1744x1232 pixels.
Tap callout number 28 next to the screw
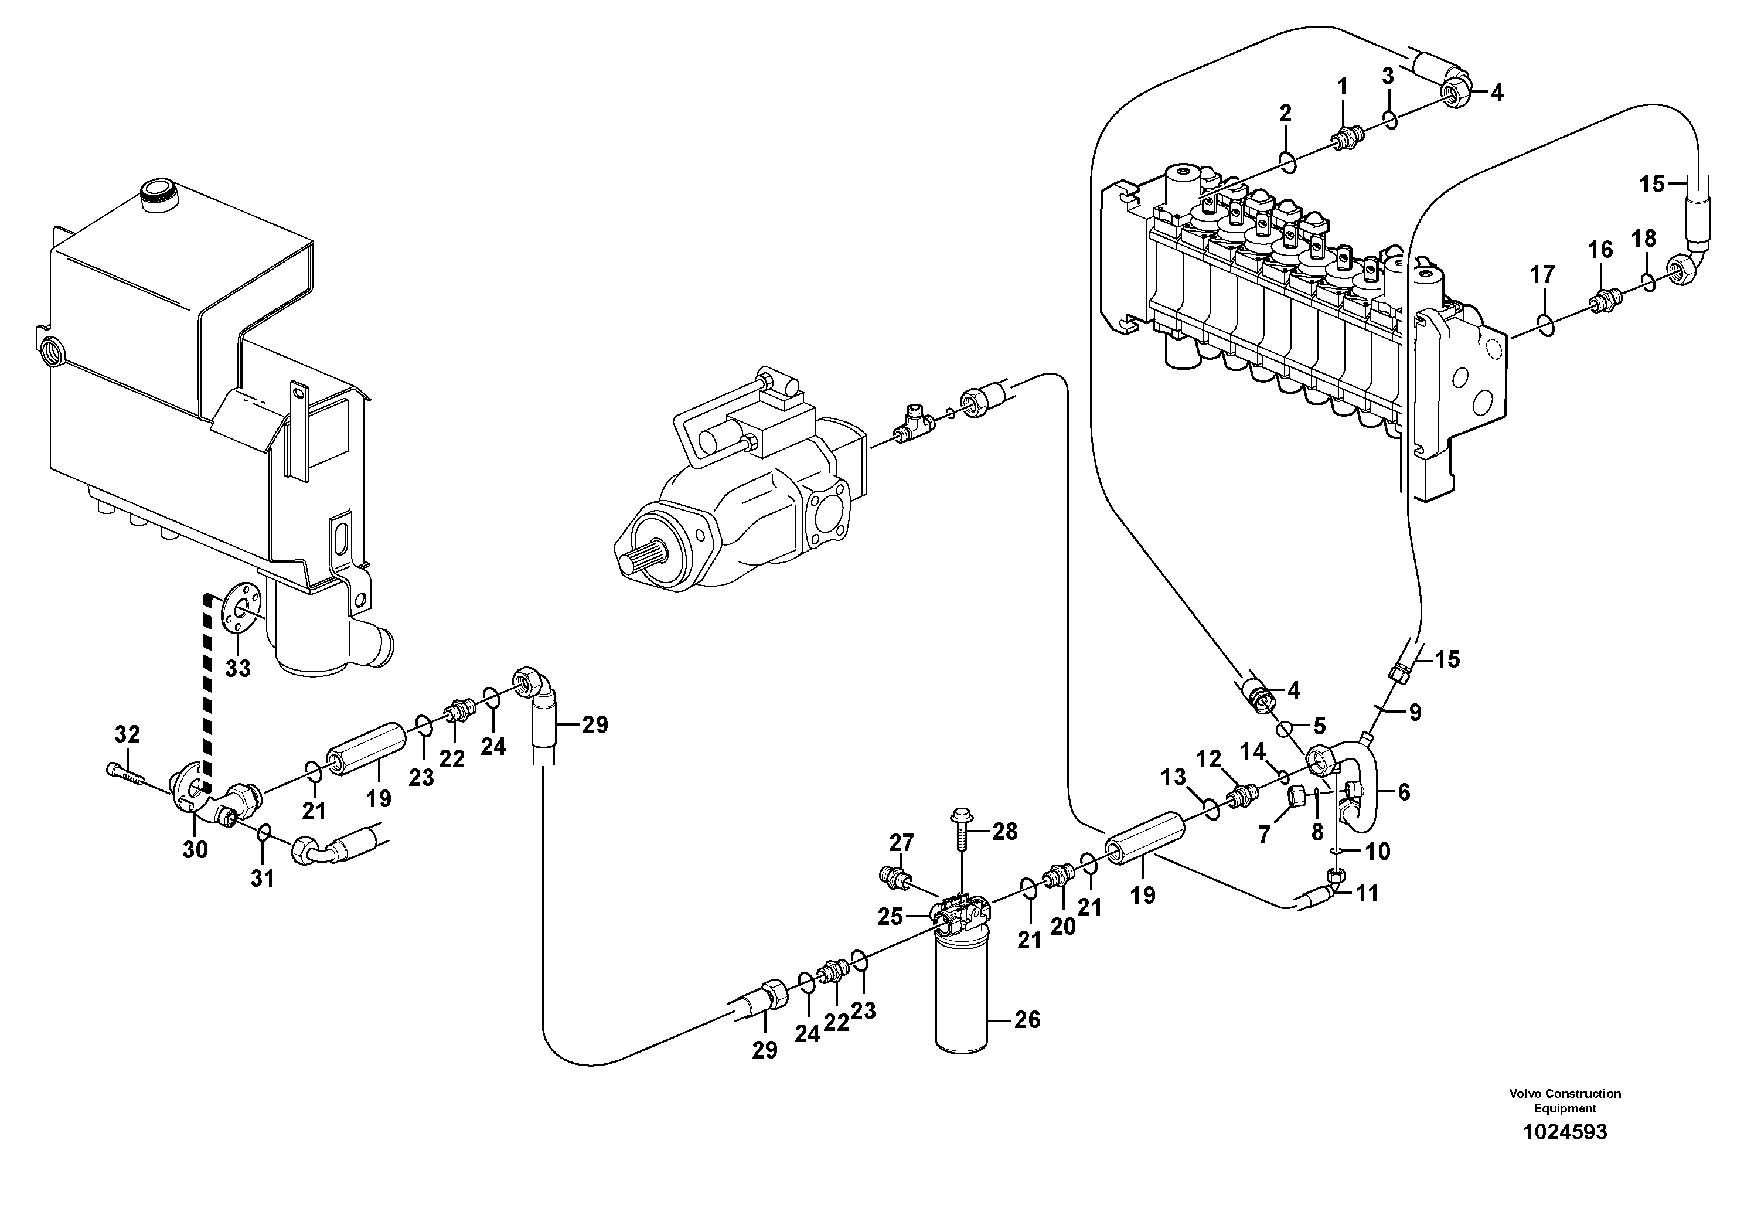pyautogui.click(x=1004, y=832)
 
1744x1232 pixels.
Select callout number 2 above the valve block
pyautogui.click(x=1285, y=114)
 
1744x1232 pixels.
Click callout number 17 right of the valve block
pyautogui.click(x=1542, y=274)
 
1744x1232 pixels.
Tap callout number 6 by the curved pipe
pyautogui.click(x=1404, y=792)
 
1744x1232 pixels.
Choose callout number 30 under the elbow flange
pyautogui.click(x=195, y=849)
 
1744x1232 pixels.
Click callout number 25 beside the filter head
pyautogui.click(x=890, y=917)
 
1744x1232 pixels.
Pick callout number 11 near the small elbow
pyautogui.click(x=1367, y=893)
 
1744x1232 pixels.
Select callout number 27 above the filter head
pyautogui.click(x=902, y=842)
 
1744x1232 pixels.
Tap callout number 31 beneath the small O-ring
pyautogui.click(x=262, y=878)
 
